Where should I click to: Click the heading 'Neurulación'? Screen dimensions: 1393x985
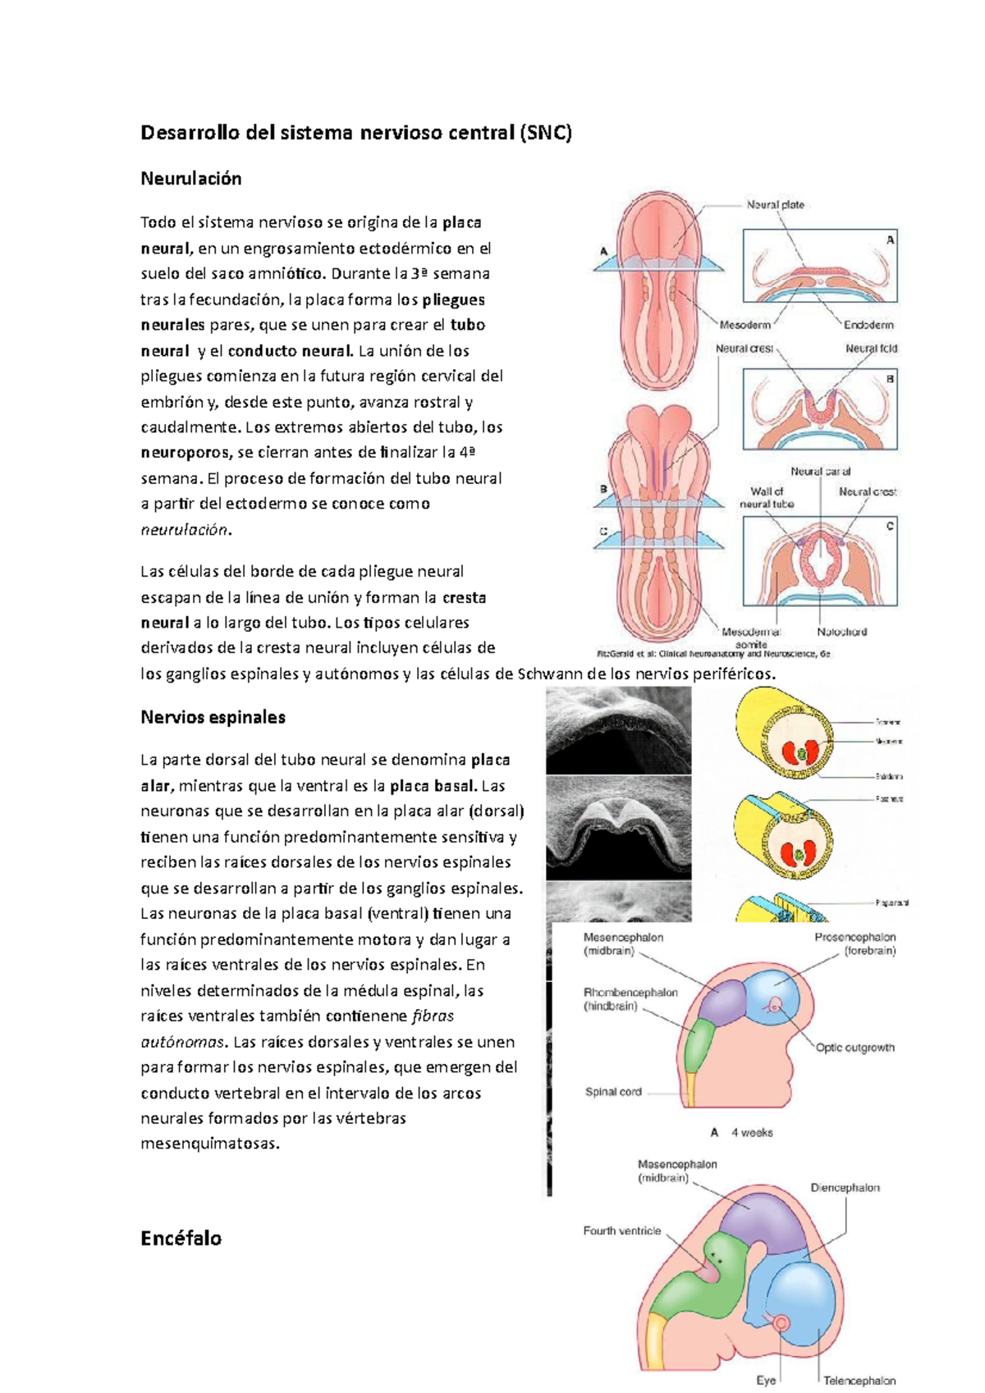191,179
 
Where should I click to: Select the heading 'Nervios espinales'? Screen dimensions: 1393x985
213,717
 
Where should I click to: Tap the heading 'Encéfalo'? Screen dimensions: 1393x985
181,1238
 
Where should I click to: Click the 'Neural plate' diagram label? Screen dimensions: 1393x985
775,205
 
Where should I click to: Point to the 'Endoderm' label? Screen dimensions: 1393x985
868,325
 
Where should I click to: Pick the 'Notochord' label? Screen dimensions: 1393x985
841,632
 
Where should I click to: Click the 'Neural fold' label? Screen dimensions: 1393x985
871,349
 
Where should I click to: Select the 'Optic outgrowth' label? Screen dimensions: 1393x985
854,1048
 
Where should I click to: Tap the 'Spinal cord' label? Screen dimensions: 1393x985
613,1092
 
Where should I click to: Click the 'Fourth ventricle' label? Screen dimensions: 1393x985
621,1231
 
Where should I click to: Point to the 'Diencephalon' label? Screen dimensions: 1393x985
845,1187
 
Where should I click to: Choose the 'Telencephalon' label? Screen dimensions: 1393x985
859,1381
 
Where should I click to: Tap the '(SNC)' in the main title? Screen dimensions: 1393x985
545,133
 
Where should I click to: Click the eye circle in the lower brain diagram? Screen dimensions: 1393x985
780,1323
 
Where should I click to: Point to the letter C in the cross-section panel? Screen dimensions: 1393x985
890,526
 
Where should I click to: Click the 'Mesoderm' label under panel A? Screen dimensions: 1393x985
745,325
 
